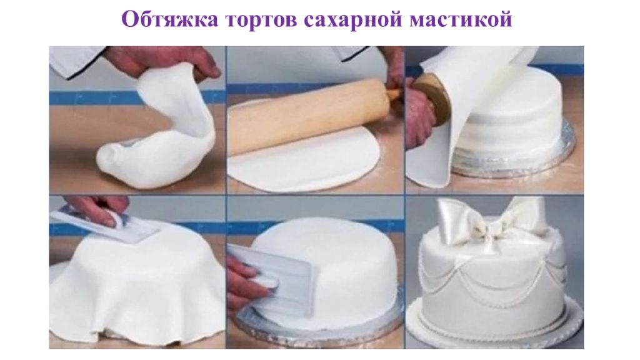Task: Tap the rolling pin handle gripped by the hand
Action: click(x=393, y=94)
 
